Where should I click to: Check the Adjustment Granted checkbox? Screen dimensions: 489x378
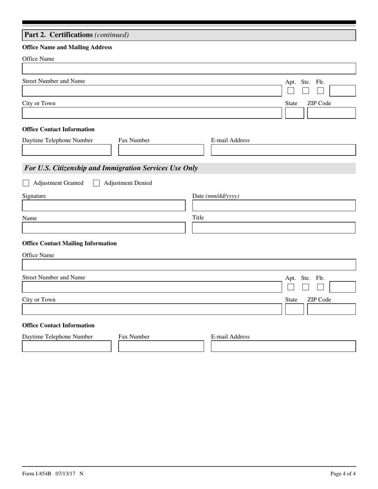[26, 183]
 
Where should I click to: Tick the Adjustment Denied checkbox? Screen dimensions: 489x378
[96, 183]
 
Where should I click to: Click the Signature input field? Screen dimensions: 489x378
[103, 206]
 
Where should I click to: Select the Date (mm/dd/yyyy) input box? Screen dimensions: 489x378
[274, 206]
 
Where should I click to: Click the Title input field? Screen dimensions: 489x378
[274, 228]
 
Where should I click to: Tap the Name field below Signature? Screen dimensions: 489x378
[103, 228]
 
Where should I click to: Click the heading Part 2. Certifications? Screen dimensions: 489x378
[58, 35]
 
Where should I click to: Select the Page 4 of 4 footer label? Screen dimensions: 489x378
[343, 473]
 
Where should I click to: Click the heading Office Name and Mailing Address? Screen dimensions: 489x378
[67, 47]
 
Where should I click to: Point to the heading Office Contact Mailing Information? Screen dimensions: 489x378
[69, 243]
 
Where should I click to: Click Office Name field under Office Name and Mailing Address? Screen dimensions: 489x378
[189, 69]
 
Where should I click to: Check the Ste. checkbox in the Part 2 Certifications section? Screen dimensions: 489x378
[306, 91]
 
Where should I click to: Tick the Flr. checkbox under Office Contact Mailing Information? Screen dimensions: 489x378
[320, 287]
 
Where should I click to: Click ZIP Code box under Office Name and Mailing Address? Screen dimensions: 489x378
[331, 113]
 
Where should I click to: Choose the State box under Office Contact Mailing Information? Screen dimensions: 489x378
[294, 309]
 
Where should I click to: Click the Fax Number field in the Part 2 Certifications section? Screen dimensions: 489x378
[161, 150]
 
